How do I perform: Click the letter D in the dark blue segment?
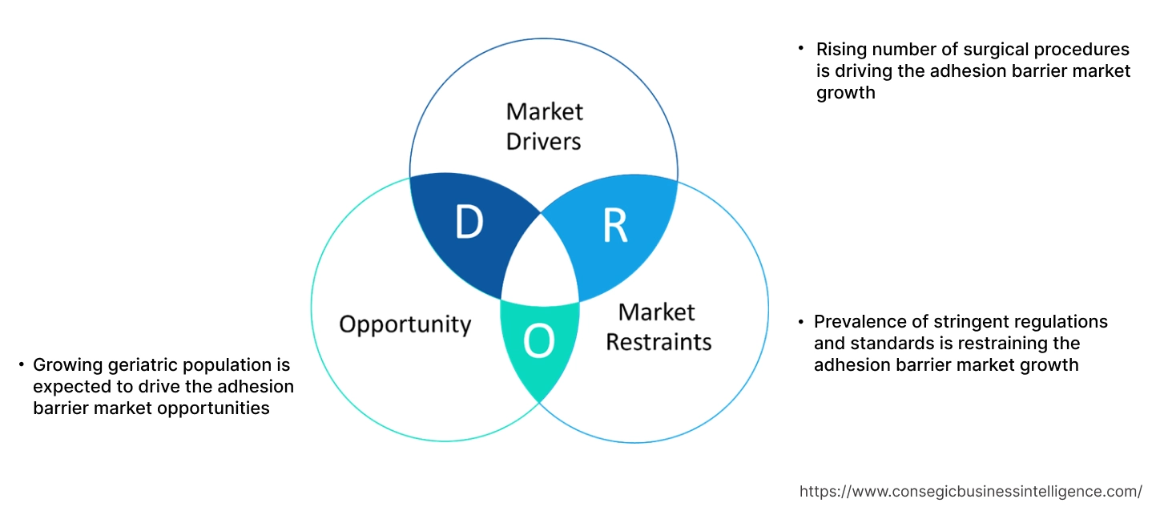coord(469,223)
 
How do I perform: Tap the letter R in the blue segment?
coord(615,227)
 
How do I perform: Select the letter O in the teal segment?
coord(538,343)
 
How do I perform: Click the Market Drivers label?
coord(545,126)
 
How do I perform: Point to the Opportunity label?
coord(405,324)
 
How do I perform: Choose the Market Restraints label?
coord(658,327)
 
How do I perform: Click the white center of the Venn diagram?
coord(541,260)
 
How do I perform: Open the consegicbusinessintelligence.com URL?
coord(971,491)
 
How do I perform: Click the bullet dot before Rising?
coord(800,49)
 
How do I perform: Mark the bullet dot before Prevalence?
coord(800,321)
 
